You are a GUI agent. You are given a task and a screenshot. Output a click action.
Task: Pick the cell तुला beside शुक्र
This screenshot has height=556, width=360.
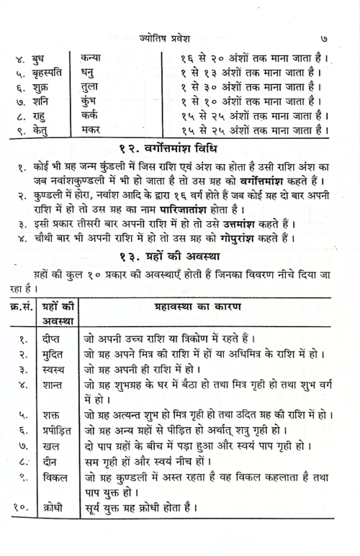pos(91,87)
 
